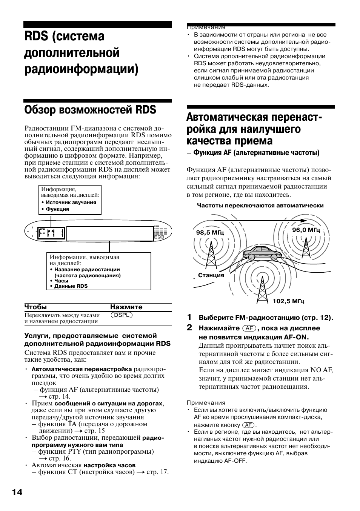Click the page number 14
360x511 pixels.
pos(17,493)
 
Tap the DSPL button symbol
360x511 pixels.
pos(122,315)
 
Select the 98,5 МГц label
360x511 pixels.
pos(210,233)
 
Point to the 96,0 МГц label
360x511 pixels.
pos(306,230)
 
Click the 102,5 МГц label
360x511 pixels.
pos(288,301)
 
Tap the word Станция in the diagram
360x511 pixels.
pos(211,275)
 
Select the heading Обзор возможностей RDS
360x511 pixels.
pos(90,110)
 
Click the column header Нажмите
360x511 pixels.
pos(126,307)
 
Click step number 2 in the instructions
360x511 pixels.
pos(189,327)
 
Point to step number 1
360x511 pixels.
pos(189,316)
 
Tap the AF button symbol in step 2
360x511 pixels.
pos(249,328)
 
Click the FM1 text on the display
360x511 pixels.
pos(51,233)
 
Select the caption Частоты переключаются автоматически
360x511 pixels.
pos(260,206)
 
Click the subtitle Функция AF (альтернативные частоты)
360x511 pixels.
pos(253,153)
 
